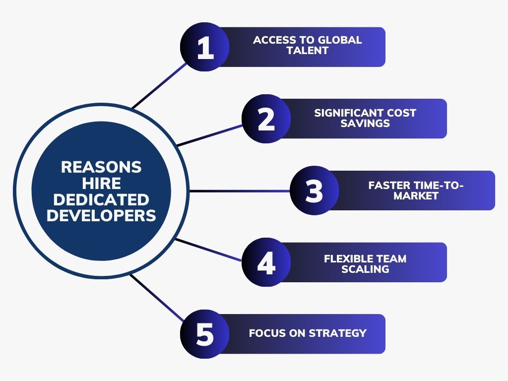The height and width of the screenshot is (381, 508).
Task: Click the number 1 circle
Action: point(205,47)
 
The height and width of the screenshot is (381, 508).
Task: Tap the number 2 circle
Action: point(266,119)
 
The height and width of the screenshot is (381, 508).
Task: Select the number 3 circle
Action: point(314,190)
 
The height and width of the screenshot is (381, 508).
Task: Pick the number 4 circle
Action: point(266,262)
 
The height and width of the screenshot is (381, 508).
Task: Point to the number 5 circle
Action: point(205,334)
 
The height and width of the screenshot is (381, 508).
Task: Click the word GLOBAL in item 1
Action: point(340,40)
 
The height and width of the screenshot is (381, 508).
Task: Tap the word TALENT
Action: point(308,51)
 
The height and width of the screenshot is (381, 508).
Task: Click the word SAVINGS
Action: point(365,123)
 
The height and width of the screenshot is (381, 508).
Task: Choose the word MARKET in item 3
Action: point(416,195)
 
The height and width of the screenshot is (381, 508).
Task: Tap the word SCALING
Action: point(365,269)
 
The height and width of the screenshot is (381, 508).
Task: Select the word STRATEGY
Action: point(337,333)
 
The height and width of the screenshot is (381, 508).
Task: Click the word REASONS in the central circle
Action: point(101,167)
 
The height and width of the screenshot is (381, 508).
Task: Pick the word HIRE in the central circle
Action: point(101,184)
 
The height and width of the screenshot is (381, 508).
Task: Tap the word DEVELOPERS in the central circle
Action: point(101,216)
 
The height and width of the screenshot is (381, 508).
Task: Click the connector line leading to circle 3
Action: point(240,191)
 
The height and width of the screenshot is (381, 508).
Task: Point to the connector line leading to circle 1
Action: point(159,85)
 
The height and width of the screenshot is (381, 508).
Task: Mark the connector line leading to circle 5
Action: point(157,298)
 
